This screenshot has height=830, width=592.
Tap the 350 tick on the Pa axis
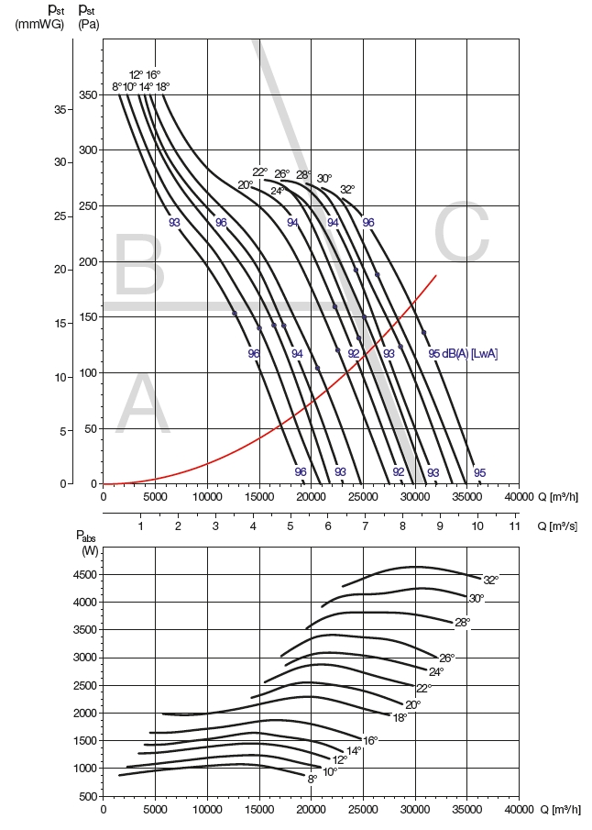[87, 95]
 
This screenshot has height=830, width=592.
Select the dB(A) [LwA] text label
[470, 354]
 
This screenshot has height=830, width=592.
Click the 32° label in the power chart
[490, 580]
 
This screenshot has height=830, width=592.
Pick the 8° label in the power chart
[312, 779]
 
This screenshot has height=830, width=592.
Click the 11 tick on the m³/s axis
[515, 527]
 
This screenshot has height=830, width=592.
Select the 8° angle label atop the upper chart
[117, 87]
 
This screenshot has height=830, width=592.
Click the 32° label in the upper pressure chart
[347, 190]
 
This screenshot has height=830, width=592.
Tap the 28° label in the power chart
[462, 622]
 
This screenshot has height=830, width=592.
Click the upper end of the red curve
[436, 275]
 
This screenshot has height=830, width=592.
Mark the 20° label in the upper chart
[246, 185]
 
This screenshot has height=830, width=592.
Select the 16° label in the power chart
[370, 740]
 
